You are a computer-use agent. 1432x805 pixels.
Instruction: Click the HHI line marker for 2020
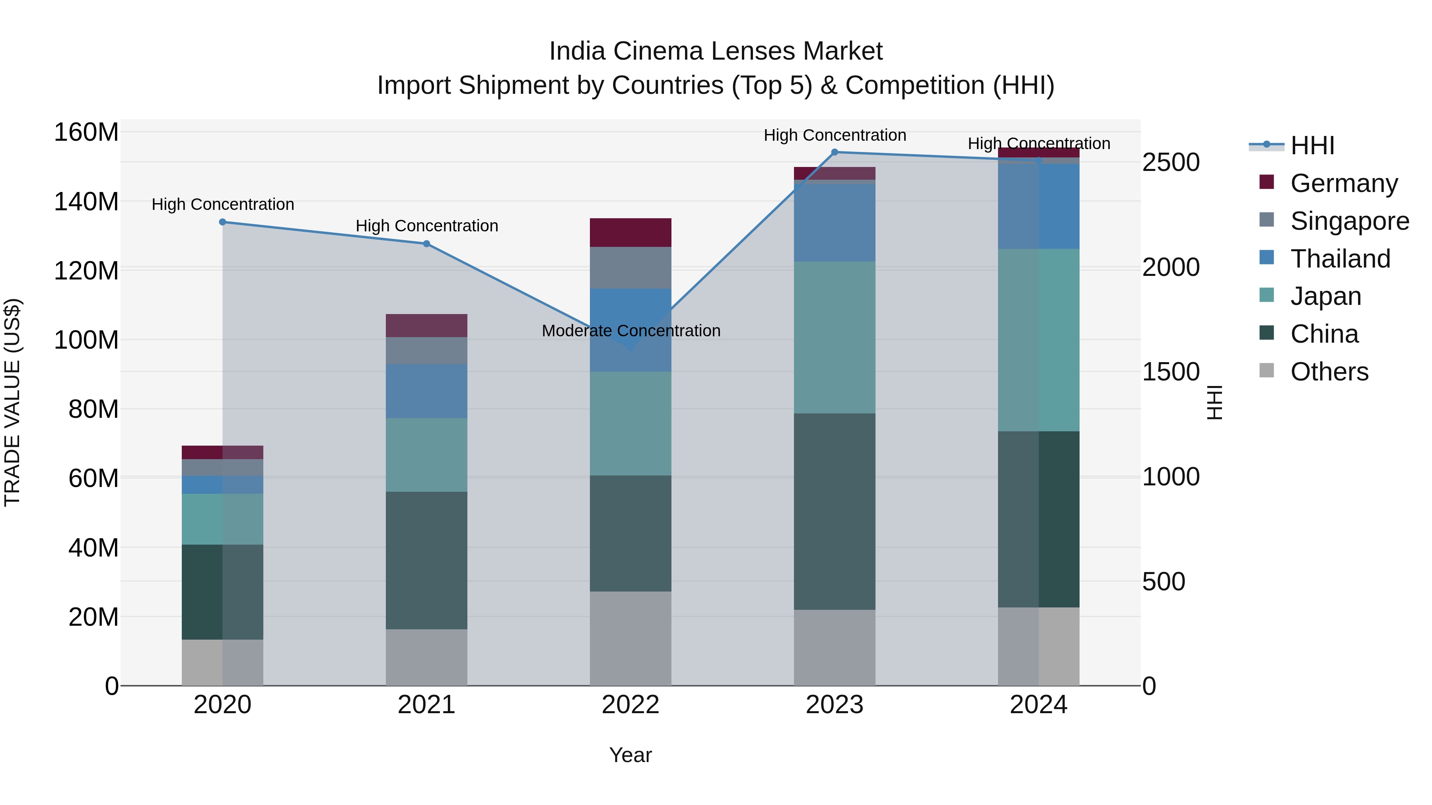pos(222,222)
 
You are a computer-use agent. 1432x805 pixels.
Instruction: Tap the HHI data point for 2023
pos(835,152)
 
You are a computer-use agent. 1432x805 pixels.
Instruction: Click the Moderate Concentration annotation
pos(631,331)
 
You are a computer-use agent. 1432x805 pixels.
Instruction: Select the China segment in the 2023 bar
pos(835,511)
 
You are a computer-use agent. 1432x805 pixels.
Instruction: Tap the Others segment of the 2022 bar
pos(630,638)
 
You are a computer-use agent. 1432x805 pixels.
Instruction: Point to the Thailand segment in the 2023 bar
pos(835,223)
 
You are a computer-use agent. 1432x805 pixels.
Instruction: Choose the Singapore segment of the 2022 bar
pos(630,268)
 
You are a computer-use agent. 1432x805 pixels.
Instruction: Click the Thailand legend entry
pos(1340,259)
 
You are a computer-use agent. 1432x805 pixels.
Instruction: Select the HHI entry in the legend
pos(1312,145)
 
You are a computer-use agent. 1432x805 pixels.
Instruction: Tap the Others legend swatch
pos(1267,370)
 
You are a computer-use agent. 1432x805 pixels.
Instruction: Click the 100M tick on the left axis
pos(86,340)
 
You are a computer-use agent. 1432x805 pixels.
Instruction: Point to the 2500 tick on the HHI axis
pos(1171,163)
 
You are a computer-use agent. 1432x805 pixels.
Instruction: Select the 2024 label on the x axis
pos(1039,705)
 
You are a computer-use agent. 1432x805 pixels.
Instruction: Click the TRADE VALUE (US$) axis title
pos(12,402)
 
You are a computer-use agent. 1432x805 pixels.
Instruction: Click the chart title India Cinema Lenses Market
pos(716,51)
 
